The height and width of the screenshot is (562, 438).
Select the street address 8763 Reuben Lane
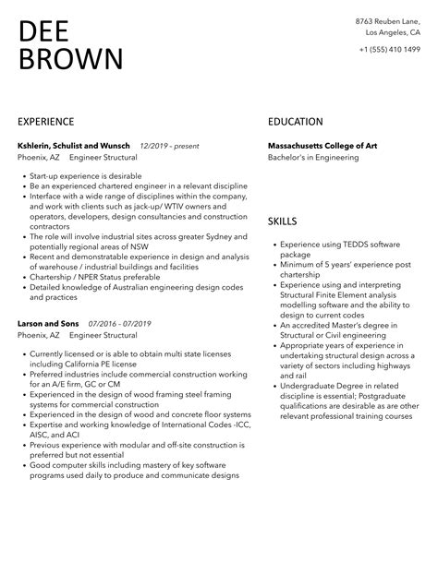pyautogui.click(x=387, y=20)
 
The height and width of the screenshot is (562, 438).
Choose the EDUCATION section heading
pyautogui.click(x=295, y=122)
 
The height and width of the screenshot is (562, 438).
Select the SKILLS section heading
pyautogui.click(x=283, y=222)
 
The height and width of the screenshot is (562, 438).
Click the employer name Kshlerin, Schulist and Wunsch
pyautogui.click(x=74, y=146)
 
